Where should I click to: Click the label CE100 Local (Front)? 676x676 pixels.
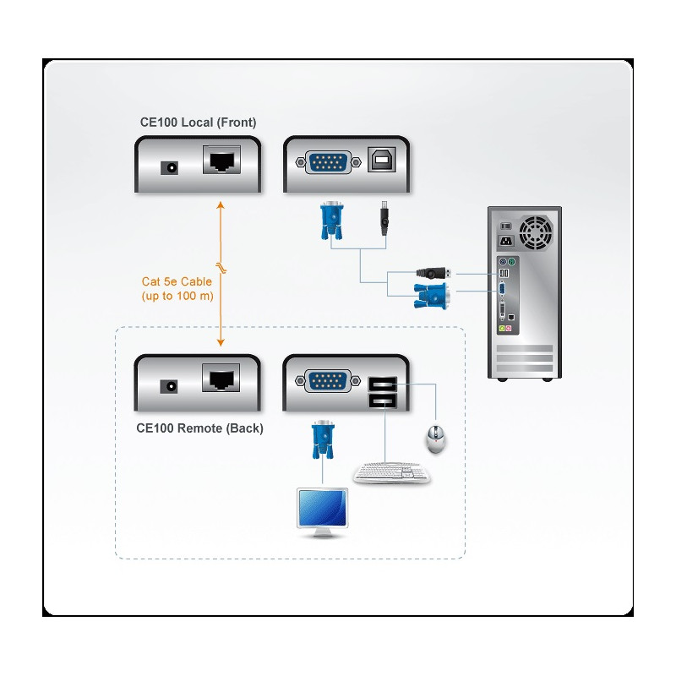coord(198,123)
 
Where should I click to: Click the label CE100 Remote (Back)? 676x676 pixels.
coord(199,428)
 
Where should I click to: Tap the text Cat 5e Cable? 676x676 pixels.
coord(177,282)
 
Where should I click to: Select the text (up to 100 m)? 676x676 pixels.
coord(177,297)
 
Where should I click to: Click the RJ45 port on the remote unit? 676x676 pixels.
coord(221,377)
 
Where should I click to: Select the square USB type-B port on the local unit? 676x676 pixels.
coord(379,161)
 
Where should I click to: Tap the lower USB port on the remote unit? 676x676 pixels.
coord(381,401)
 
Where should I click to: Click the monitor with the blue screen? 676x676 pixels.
coord(322,509)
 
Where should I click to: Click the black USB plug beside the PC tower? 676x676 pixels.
coord(433,273)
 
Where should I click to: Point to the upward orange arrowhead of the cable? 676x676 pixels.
coord(221,205)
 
